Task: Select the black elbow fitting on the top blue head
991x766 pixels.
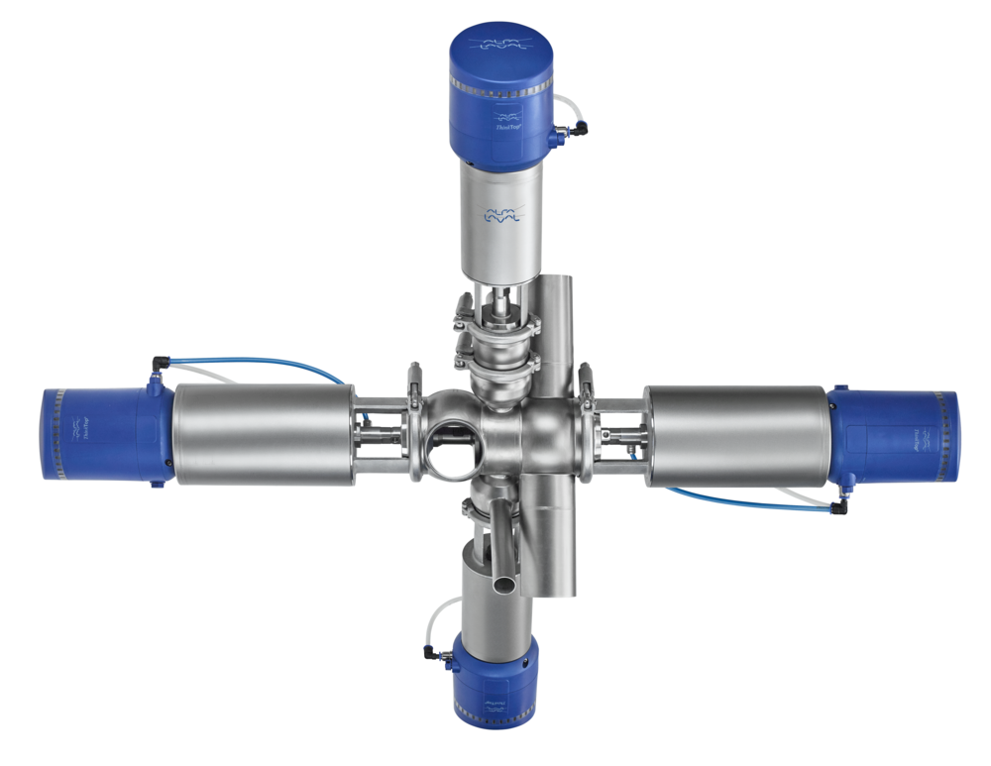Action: pyautogui.click(x=576, y=127)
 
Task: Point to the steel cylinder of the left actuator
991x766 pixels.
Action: pyautogui.click(x=264, y=435)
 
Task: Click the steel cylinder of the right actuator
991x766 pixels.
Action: pyautogui.click(x=734, y=437)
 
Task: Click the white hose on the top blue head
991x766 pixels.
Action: pyautogui.click(x=567, y=103)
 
